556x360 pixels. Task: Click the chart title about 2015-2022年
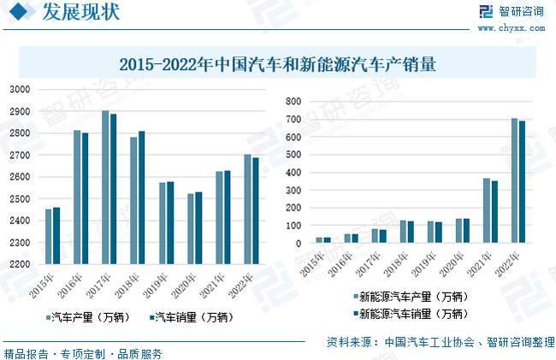click(x=277, y=64)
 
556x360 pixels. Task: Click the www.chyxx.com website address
click(x=511, y=27)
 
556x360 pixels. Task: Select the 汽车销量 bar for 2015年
click(x=56, y=235)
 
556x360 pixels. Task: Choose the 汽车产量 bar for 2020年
click(x=190, y=228)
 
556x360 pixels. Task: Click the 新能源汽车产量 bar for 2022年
click(x=514, y=180)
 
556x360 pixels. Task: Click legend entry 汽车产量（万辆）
click(x=90, y=317)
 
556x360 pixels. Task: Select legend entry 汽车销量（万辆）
click(x=190, y=317)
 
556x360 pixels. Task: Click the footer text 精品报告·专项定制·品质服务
click(x=83, y=353)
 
